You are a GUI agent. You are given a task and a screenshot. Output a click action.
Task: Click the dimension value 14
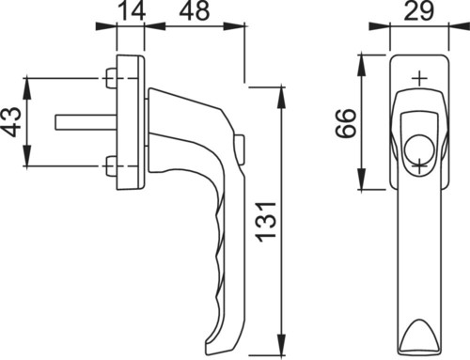point(133,10)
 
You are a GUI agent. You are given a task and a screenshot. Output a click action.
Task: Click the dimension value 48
point(195,10)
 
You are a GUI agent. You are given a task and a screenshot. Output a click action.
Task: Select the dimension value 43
point(13,122)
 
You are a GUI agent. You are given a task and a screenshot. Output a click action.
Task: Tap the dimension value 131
point(267,222)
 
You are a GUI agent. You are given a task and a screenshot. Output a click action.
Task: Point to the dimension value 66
point(346,123)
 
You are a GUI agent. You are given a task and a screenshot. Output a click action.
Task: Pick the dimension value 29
point(419,10)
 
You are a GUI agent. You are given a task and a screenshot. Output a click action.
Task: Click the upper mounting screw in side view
point(111,78)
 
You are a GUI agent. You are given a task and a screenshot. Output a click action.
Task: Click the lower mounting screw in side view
point(111,166)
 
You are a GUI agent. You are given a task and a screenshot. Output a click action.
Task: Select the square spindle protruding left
point(86,121)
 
